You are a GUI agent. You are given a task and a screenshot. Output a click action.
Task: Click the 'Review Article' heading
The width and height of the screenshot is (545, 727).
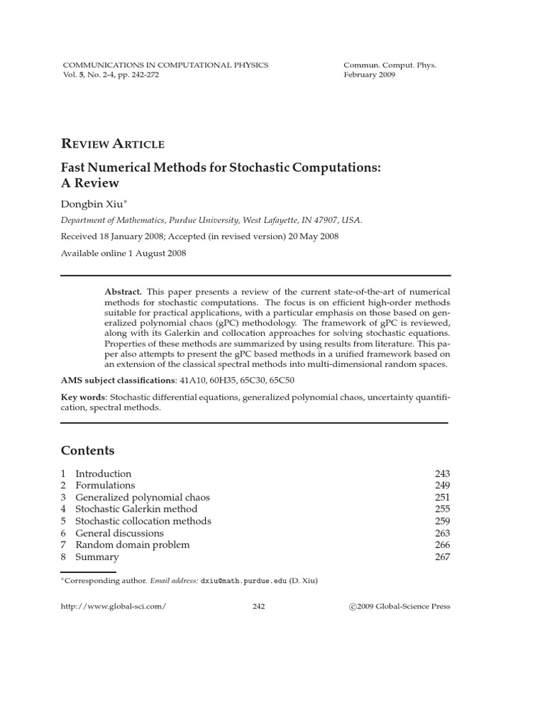[113, 144]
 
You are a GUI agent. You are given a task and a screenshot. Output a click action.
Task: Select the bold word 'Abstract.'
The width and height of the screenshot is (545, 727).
[123, 292]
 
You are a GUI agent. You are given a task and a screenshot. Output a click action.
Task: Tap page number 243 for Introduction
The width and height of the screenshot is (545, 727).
[442, 474]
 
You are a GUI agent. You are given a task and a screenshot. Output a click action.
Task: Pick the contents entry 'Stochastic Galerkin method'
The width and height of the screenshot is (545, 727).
[136, 509]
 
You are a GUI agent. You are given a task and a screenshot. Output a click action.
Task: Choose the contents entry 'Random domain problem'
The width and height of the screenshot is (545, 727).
[132, 545]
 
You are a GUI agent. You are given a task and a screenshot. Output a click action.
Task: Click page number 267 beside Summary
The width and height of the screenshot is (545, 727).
[442, 557]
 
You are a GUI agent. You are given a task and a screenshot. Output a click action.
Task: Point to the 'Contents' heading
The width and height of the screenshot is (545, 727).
[87, 451]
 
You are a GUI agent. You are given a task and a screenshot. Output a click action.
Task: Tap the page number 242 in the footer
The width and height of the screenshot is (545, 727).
[258, 606]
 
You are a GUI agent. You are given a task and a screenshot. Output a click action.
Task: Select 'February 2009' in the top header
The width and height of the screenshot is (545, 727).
[370, 75]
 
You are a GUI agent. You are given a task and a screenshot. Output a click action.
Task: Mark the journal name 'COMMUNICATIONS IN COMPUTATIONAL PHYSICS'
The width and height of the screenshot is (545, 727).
[166, 65]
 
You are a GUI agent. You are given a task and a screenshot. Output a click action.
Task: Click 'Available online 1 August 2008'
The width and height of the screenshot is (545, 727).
[123, 253]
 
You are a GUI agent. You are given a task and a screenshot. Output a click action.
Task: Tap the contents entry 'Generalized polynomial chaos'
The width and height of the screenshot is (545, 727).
[143, 497]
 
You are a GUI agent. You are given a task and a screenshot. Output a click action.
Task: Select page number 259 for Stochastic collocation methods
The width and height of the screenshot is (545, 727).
[442, 521]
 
